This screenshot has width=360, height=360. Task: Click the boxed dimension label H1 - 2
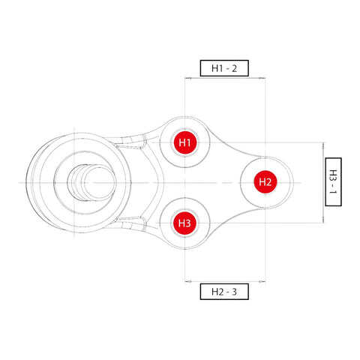click(224, 68)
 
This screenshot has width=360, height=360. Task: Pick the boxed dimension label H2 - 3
click(224, 291)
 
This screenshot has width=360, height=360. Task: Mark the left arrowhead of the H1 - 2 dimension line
click(187, 77)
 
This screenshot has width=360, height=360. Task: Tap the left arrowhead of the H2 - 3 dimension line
click(187, 282)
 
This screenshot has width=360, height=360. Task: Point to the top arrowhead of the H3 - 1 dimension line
click(322, 144)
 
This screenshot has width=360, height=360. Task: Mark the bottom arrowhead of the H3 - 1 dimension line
click(322, 220)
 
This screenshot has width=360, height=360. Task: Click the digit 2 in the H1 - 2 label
click(235, 68)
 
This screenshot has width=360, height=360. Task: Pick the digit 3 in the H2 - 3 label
click(235, 291)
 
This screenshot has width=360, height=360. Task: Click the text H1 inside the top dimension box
click(216, 68)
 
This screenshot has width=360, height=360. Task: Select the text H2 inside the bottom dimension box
click(216, 291)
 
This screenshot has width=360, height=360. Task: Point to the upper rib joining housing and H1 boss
click(135, 142)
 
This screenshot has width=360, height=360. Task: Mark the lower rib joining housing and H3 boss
click(135, 222)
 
